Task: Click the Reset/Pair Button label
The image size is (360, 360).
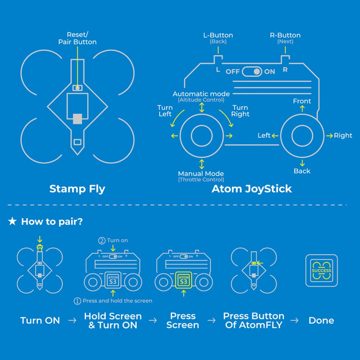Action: pos(77,39)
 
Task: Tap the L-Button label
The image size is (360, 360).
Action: pos(218,35)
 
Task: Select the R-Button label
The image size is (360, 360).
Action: pos(285,35)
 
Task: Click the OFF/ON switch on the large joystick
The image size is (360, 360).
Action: pos(252,71)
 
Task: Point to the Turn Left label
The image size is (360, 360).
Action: pos(165,111)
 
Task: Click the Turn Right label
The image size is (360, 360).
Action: pos(240,111)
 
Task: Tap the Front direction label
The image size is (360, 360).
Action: pos(302,101)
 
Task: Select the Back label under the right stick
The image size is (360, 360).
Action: pos(302,171)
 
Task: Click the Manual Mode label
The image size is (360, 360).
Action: pos(201,174)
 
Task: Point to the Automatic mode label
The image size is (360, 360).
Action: pos(201,94)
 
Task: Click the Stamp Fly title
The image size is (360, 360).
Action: pos(77,189)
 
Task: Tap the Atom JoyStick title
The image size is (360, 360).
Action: pos(252,189)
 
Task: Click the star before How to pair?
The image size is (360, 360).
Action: pos(12,221)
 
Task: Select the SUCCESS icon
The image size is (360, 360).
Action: pos(321,270)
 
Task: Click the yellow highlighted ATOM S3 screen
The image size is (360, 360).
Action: pos(184,280)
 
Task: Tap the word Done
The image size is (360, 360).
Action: pos(321,320)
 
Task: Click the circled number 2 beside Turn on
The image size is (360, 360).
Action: pos(102,240)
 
